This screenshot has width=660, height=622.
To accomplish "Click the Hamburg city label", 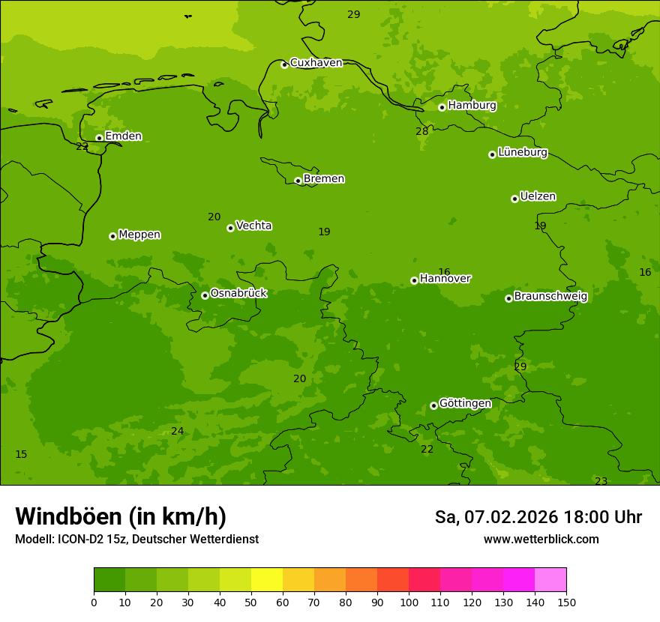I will (x=472, y=106).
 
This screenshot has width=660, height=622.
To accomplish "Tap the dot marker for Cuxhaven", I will (x=284, y=64).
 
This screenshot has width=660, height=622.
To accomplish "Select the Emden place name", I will (x=123, y=136).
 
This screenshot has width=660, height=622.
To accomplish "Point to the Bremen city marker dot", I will (x=298, y=181).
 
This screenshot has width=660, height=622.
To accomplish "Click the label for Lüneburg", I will (x=522, y=152).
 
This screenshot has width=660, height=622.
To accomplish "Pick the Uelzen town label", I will (x=538, y=196).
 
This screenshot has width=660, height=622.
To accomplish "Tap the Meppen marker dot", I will (x=112, y=236).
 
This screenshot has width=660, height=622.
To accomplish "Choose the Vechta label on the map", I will (x=253, y=226).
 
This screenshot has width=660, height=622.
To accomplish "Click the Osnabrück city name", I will (x=238, y=293).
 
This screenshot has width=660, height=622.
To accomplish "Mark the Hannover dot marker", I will (x=414, y=280).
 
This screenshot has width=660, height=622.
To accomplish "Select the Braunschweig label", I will (x=550, y=296).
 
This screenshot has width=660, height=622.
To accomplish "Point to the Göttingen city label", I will (x=465, y=403).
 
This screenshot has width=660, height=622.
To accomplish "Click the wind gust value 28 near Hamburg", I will (x=422, y=132).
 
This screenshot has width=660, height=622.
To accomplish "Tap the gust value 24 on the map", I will (x=177, y=431).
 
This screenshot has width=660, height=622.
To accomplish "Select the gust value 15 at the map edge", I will (x=21, y=455).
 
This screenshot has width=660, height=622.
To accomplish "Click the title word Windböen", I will (x=67, y=516).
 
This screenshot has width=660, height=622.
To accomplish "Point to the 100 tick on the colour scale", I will (x=409, y=601).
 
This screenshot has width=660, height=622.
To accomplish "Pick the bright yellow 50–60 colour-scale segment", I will (x=266, y=580).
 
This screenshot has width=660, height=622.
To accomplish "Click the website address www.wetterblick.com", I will (x=541, y=540).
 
